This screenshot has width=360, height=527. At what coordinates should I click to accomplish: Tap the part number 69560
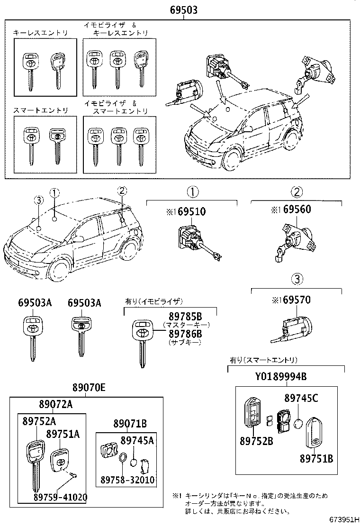click(297, 209)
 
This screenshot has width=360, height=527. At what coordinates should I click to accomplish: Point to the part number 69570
click(297, 300)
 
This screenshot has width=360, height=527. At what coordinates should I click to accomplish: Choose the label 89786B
click(185, 334)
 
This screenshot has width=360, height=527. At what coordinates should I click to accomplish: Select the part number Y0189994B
click(281, 377)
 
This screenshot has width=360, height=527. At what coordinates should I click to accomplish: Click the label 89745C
click(301, 399)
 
